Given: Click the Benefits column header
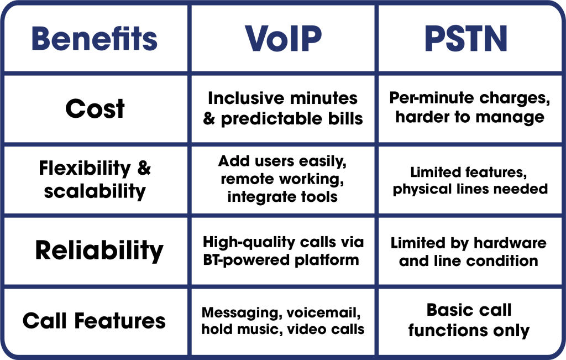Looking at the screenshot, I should (x=95, y=38).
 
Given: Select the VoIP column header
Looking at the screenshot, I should (x=284, y=38).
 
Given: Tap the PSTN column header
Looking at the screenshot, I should (x=468, y=38).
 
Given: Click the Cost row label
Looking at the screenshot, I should (x=95, y=109).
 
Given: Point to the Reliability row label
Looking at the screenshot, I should (x=99, y=251).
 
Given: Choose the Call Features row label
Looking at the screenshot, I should (x=95, y=321).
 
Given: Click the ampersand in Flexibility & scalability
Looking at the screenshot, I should (x=144, y=168).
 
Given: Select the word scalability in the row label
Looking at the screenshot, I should (x=95, y=191).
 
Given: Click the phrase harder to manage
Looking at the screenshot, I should (x=470, y=117).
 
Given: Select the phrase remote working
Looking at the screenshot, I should (x=282, y=179).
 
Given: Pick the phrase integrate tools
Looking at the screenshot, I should (x=282, y=197).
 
